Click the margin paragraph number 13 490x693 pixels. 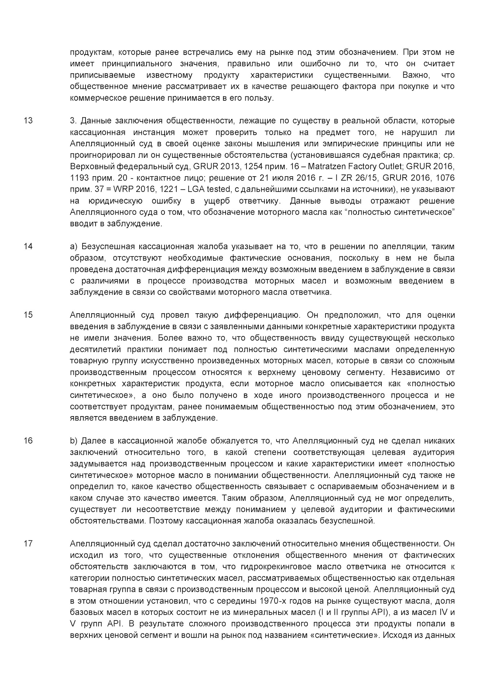(28, 121)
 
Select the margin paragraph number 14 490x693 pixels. (28, 247)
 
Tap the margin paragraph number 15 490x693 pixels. (28, 315)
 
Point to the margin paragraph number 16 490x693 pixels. (28, 441)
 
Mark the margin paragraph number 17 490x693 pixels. (28, 544)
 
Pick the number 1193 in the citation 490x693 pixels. (78, 178)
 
